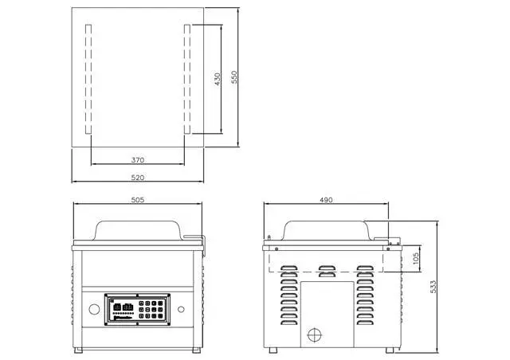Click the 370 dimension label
pyautogui.click(x=138, y=160)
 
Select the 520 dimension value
pyautogui.click(x=138, y=178)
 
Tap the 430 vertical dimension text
pyautogui.click(x=218, y=79)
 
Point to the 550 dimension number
pyautogui.click(x=234, y=77)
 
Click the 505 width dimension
pyautogui.click(x=138, y=200)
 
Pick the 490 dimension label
pyautogui.click(x=326, y=200)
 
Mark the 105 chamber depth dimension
pyautogui.click(x=416, y=259)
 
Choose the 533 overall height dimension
pyautogui.click(x=433, y=287)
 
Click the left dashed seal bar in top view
pyautogui.click(x=88, y=79)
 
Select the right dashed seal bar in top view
pyautogui.click(x=187, y=79)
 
